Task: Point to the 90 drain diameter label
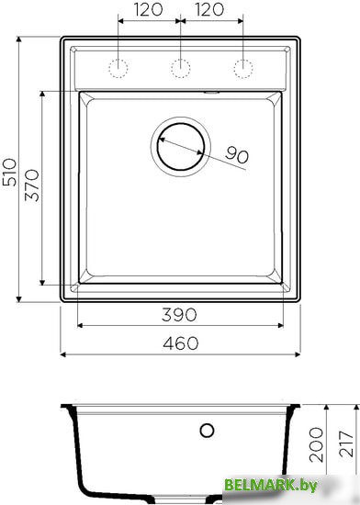click(237, 157)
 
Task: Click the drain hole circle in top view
click(182, 146)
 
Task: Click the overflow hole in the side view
click(208, 430)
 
